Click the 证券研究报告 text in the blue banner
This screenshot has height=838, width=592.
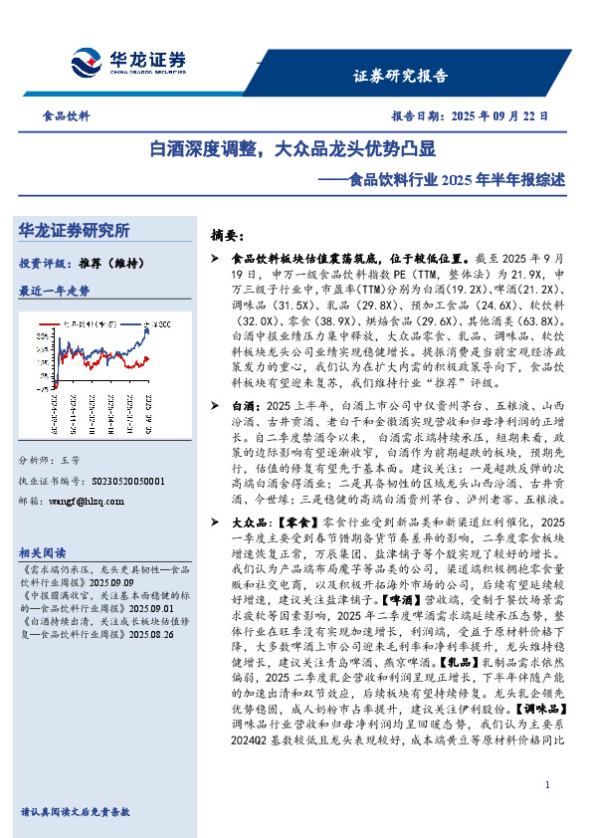coord(401,75)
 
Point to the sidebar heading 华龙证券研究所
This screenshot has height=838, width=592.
coord(75,230)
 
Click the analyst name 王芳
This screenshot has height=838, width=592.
coord(69,462)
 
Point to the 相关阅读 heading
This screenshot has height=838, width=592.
coord(43,552)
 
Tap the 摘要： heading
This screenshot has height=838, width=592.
coord(228,236)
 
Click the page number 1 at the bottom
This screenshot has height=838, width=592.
coord(548,786)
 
